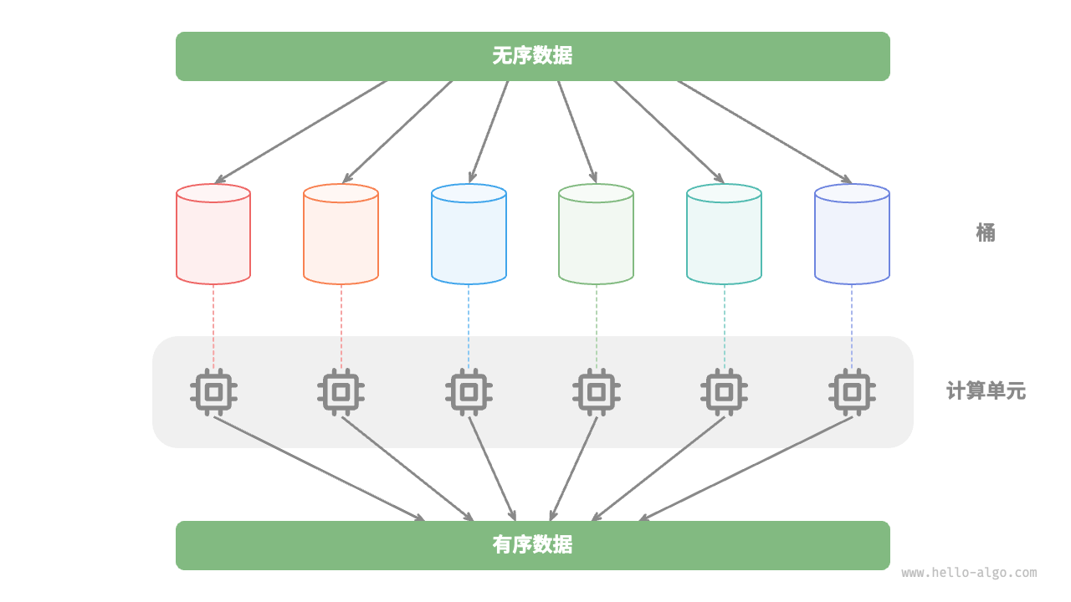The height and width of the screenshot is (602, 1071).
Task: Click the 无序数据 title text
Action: tap(532, 56)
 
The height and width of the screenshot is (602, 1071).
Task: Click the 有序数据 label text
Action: tap(532, 545)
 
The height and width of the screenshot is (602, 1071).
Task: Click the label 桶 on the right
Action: tap(986, 232)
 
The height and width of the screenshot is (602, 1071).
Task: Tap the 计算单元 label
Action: tap(986, 390)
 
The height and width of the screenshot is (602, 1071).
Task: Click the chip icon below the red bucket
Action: tap(213, 391)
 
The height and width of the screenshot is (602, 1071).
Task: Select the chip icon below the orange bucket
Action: tap(341, 391)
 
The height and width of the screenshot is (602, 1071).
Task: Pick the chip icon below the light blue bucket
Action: tap(469, 391)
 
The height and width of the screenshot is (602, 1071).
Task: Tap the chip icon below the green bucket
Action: tap(596, 391)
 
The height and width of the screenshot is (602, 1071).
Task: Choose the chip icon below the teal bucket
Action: tap(724, 391)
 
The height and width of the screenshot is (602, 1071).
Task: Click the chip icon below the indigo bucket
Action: tap(852, 391)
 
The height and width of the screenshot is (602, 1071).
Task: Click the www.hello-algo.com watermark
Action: tap(969, 573)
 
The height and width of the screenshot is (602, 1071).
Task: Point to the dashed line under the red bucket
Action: tap(213, 326)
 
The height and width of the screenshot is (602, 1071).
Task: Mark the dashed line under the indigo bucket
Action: tap(852, 326)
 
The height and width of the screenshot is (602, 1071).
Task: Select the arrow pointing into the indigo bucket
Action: tap(764, 131)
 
